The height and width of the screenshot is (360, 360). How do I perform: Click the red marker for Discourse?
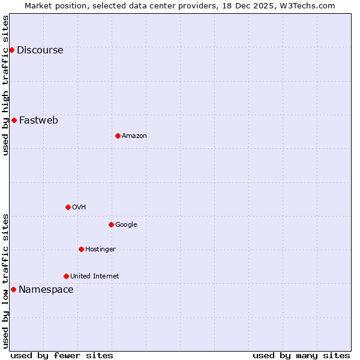(x=11, y=50)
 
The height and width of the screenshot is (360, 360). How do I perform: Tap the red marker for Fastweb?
(x=14, y=120)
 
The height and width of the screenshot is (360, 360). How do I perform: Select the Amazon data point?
(x=118, y=136)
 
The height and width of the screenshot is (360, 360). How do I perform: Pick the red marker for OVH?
(x=68, y=207)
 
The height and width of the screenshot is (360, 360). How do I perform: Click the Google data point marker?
(x=111, y=224)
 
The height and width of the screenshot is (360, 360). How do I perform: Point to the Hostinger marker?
(x=81, y=249)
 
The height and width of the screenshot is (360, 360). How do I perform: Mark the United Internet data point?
(x=66, y=276)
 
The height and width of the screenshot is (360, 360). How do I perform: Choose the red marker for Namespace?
(x=13, y=289)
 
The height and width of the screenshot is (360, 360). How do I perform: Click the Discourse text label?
(x=40, y=50)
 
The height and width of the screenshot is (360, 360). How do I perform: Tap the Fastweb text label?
(x=38, y=120)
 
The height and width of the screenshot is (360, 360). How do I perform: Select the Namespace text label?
(x=46, y=289)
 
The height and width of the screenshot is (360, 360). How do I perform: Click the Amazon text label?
(x=134, y=136)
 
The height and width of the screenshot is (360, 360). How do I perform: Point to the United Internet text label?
(x=94, y=277)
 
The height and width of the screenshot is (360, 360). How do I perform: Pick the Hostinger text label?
(x=100, y=250)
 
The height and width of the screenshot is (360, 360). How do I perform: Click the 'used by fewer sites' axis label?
(x=62, y=355)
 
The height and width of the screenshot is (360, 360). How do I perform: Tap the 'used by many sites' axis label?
(x=301, y=355)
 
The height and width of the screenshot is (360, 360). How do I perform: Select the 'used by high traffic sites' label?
(x=5, y=85)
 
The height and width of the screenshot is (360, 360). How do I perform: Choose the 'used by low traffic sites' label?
(x=5, y=280)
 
